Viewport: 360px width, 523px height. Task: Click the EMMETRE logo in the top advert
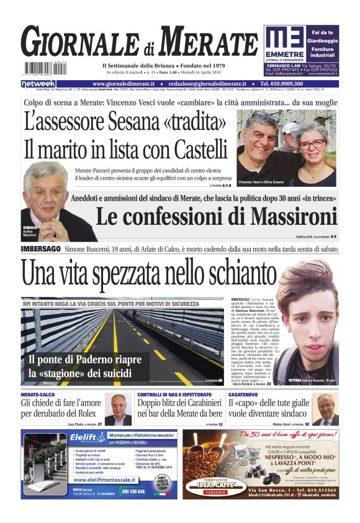[x=284, y=43]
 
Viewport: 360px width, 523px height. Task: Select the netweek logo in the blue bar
[x=38, y=83]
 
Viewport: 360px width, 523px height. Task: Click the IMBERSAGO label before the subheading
[x=40, y=248]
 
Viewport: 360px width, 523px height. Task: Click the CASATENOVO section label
[x=246, y=394]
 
